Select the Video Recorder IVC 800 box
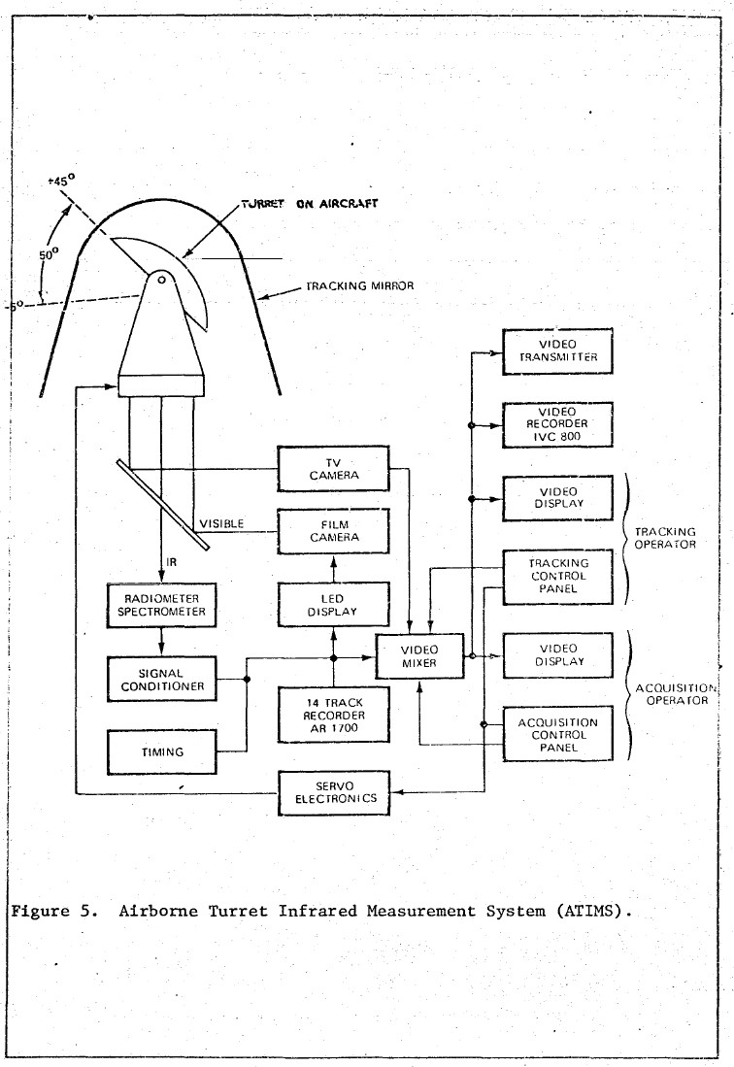point(557,424)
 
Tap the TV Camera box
point(333,469)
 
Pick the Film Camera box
point(333,530)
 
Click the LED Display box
point(333,605)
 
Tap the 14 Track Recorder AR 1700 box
point(333,712)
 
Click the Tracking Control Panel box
point(557,576)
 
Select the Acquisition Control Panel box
point(557,735)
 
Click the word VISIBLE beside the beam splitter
point(221,524)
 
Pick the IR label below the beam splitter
point(171,562)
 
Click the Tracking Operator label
point(665,538)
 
